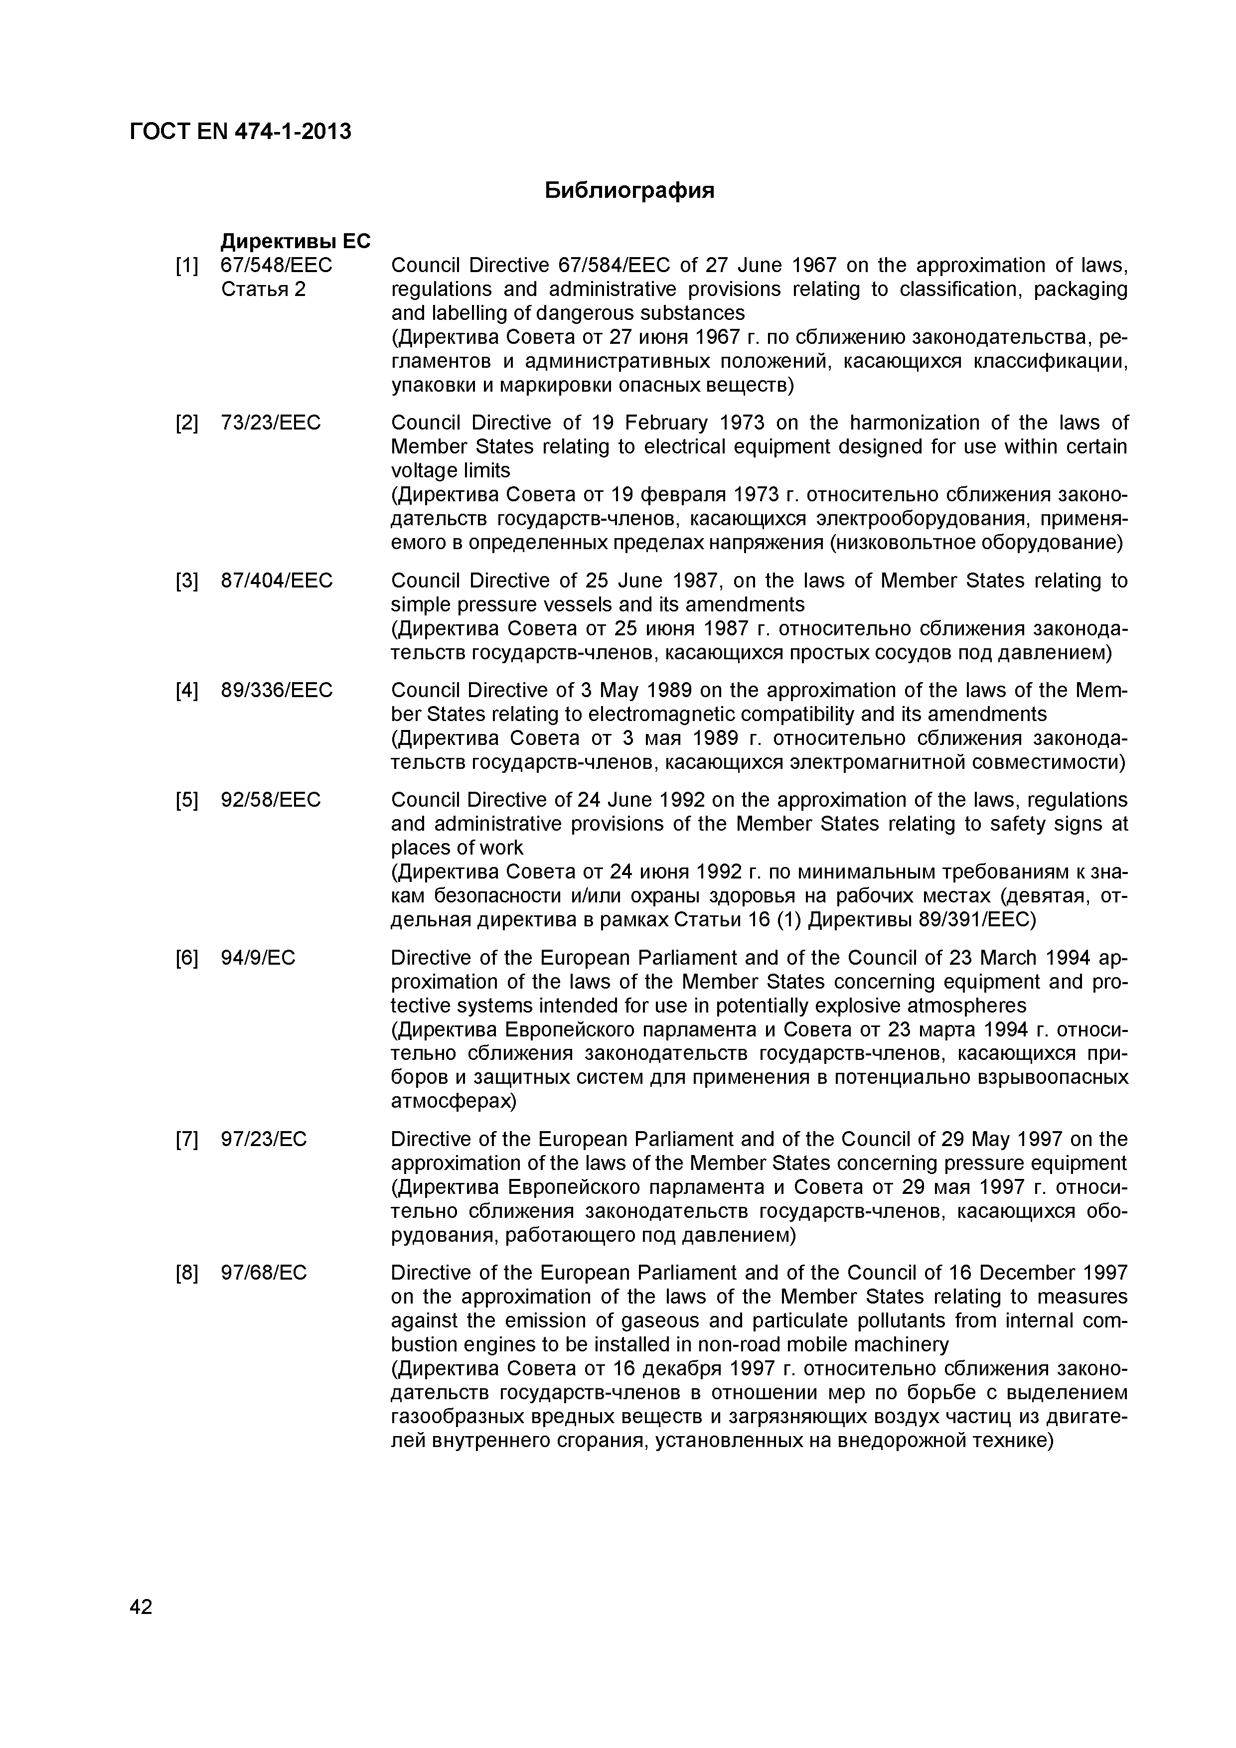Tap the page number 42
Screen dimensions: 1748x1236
[x=141, y=1606]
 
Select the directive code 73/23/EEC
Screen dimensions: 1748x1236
[x=270, y=423]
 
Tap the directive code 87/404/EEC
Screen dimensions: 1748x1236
[x=277, y=581]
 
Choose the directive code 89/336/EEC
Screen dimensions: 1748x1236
[x=277, y=691]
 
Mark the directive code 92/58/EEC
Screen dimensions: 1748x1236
[x=270, y=800]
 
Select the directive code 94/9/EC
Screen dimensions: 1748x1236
[x=257, y=958]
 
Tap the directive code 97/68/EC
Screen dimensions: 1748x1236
[x=264, y=1273]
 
